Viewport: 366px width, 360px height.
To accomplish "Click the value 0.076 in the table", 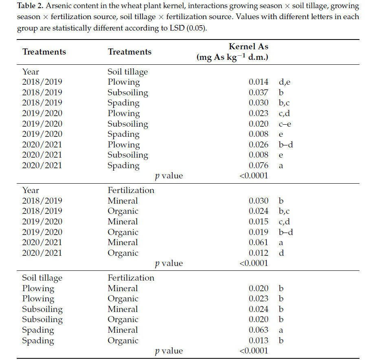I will tap(259, 166).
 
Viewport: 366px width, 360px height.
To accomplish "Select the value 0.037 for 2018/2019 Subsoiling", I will tap(259, 92).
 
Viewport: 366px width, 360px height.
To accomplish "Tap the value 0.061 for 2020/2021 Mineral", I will tap(259, 243).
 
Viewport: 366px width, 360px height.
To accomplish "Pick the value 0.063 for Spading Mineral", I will tap(259, 330).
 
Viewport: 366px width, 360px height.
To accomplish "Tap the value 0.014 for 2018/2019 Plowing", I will tap(259, 82).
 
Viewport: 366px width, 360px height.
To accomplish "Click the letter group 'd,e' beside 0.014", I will tap(285, 82).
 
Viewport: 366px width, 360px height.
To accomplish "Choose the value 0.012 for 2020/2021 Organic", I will tap(259, 253).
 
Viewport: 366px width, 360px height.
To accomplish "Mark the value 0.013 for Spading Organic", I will tap(259, 340).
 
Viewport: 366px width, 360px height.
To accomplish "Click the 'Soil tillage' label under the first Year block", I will tap(127, 72).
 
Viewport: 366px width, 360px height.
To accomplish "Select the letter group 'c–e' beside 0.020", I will tap(285, 124).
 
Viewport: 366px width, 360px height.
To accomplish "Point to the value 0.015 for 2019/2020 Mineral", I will tap(259, 222).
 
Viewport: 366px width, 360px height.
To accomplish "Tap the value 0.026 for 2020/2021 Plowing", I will tap(259, 145).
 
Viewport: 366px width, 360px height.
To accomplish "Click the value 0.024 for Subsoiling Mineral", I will tap(259, 309).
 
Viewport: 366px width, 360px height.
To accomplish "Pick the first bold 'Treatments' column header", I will tap(44, 52).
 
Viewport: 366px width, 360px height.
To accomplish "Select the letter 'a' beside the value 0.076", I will tap(281, 166).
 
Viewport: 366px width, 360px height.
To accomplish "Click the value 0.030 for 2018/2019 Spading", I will tap(259, 103).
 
